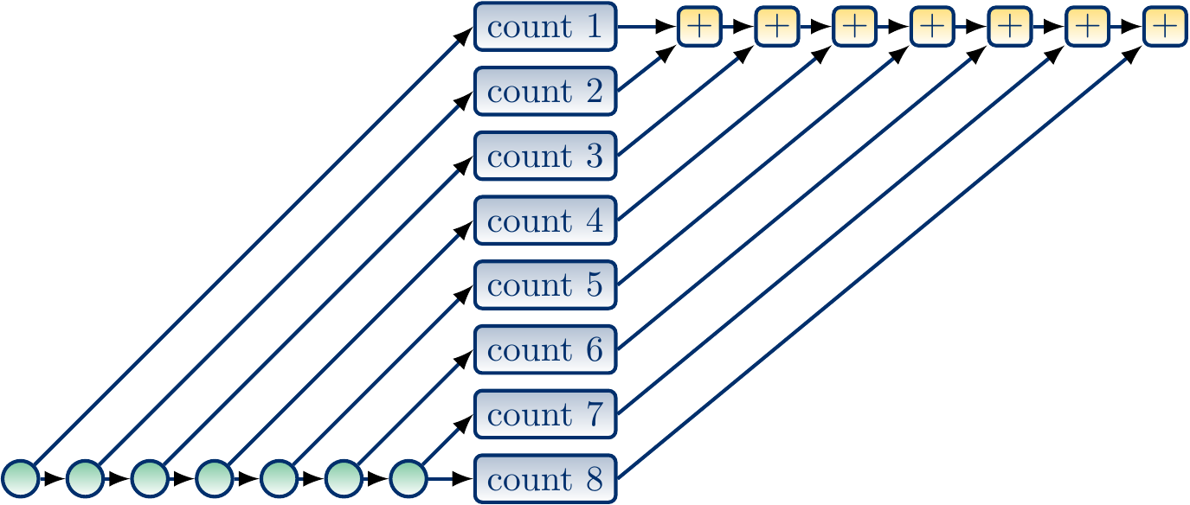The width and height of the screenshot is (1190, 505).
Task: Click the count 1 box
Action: pyautogui.click(x=545, y=27)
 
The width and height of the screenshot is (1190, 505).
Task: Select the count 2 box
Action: pyautogui.click(x=545, y=91)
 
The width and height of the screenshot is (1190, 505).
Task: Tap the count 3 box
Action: pyautogui.click(x=545, y=156)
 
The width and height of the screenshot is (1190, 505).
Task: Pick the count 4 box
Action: pyautogui.click(x=545, y=221)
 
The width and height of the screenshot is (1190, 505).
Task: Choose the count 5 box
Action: pyautogui.click(x=545, y=284)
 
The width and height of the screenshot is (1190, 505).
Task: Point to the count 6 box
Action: pyautogui.click(x=545, y=349)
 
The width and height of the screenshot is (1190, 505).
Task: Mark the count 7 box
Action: pyautogui.click(x=545, y=414)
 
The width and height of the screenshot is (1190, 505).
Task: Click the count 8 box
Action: pyautogui.click(x=545, y=479)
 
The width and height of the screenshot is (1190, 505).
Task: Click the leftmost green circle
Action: pyautogui.click(x=20, y=479)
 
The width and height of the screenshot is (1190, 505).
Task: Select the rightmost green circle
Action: pyautogui.click(x=408, y=479)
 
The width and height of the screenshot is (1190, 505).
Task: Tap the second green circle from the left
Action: pyautogui.click(x=85, y=479)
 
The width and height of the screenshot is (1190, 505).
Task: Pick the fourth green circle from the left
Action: pyautogui.click(x=215, y=479)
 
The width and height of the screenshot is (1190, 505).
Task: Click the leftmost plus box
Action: pyautogui.click(x=699, y=27)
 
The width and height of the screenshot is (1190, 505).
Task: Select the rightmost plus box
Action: pyautogui.click(x=1165, y=27)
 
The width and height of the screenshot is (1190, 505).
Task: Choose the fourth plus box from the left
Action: pyautogui.click(x=932, y=27)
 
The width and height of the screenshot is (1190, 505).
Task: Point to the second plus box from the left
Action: pyautogui.click(x=777, y=27)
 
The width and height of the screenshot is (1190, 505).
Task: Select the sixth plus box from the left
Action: pyautogui.click(x=1087, y=27)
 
